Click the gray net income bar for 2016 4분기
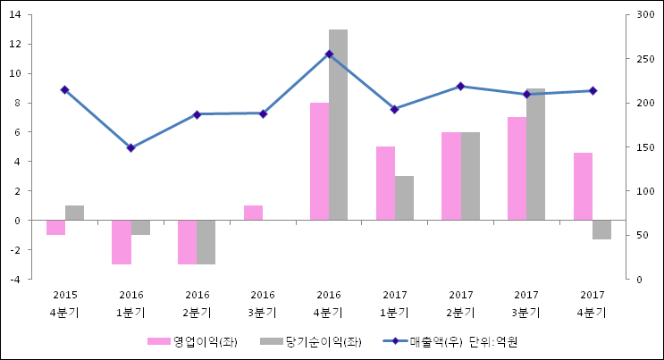pos(338,124)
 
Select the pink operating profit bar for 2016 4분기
pos(319,161)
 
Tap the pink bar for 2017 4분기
pos(583,186)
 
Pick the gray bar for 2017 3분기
pos(535,154)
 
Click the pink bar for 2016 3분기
pos(253,213)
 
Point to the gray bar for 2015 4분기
pos(74,213)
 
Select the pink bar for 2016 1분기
pos(122,241)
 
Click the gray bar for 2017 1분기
pos(404,197)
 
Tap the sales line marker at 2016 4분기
pos(329,54)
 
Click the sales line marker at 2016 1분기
pos(130,147)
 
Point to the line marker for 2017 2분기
pos(460,86)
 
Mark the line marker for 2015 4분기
pos(64,89)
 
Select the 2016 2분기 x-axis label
pos(197,304)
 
